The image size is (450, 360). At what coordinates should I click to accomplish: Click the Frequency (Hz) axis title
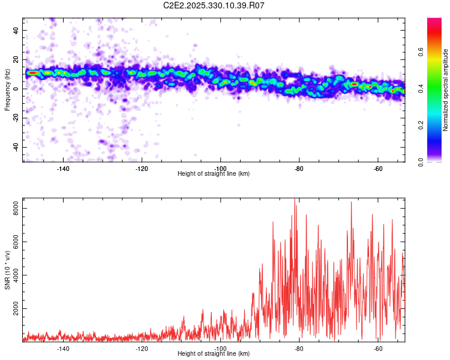pos(8,90)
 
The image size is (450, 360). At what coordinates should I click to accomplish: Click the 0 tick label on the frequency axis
pos(17,89)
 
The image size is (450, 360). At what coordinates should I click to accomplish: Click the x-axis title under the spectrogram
pos(214,174)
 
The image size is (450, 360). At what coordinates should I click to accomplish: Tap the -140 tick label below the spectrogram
pos(63,169)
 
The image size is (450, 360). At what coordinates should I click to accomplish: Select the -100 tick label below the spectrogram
pos(221,169)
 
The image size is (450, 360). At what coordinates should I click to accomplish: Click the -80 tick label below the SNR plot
pos(299,349)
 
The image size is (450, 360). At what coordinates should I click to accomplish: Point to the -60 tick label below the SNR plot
pos(378,349)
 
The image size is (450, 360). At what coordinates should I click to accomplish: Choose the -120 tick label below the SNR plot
pos(142,349)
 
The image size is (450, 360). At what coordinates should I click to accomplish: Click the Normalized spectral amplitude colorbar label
pos(446,90)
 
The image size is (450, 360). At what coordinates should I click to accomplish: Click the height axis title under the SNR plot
pos(214,354)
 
